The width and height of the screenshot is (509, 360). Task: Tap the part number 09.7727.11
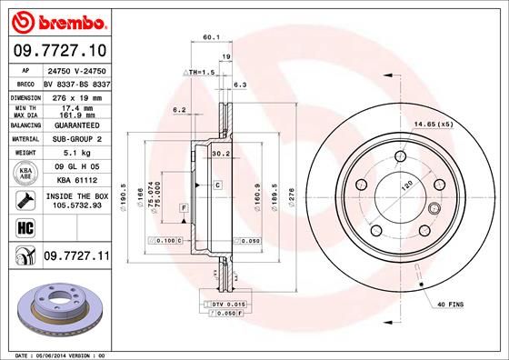[x=75, y=257]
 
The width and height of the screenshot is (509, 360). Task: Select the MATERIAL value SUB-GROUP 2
[x=74, y=139]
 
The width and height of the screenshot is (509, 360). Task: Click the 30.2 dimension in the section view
[x=220, y=154]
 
